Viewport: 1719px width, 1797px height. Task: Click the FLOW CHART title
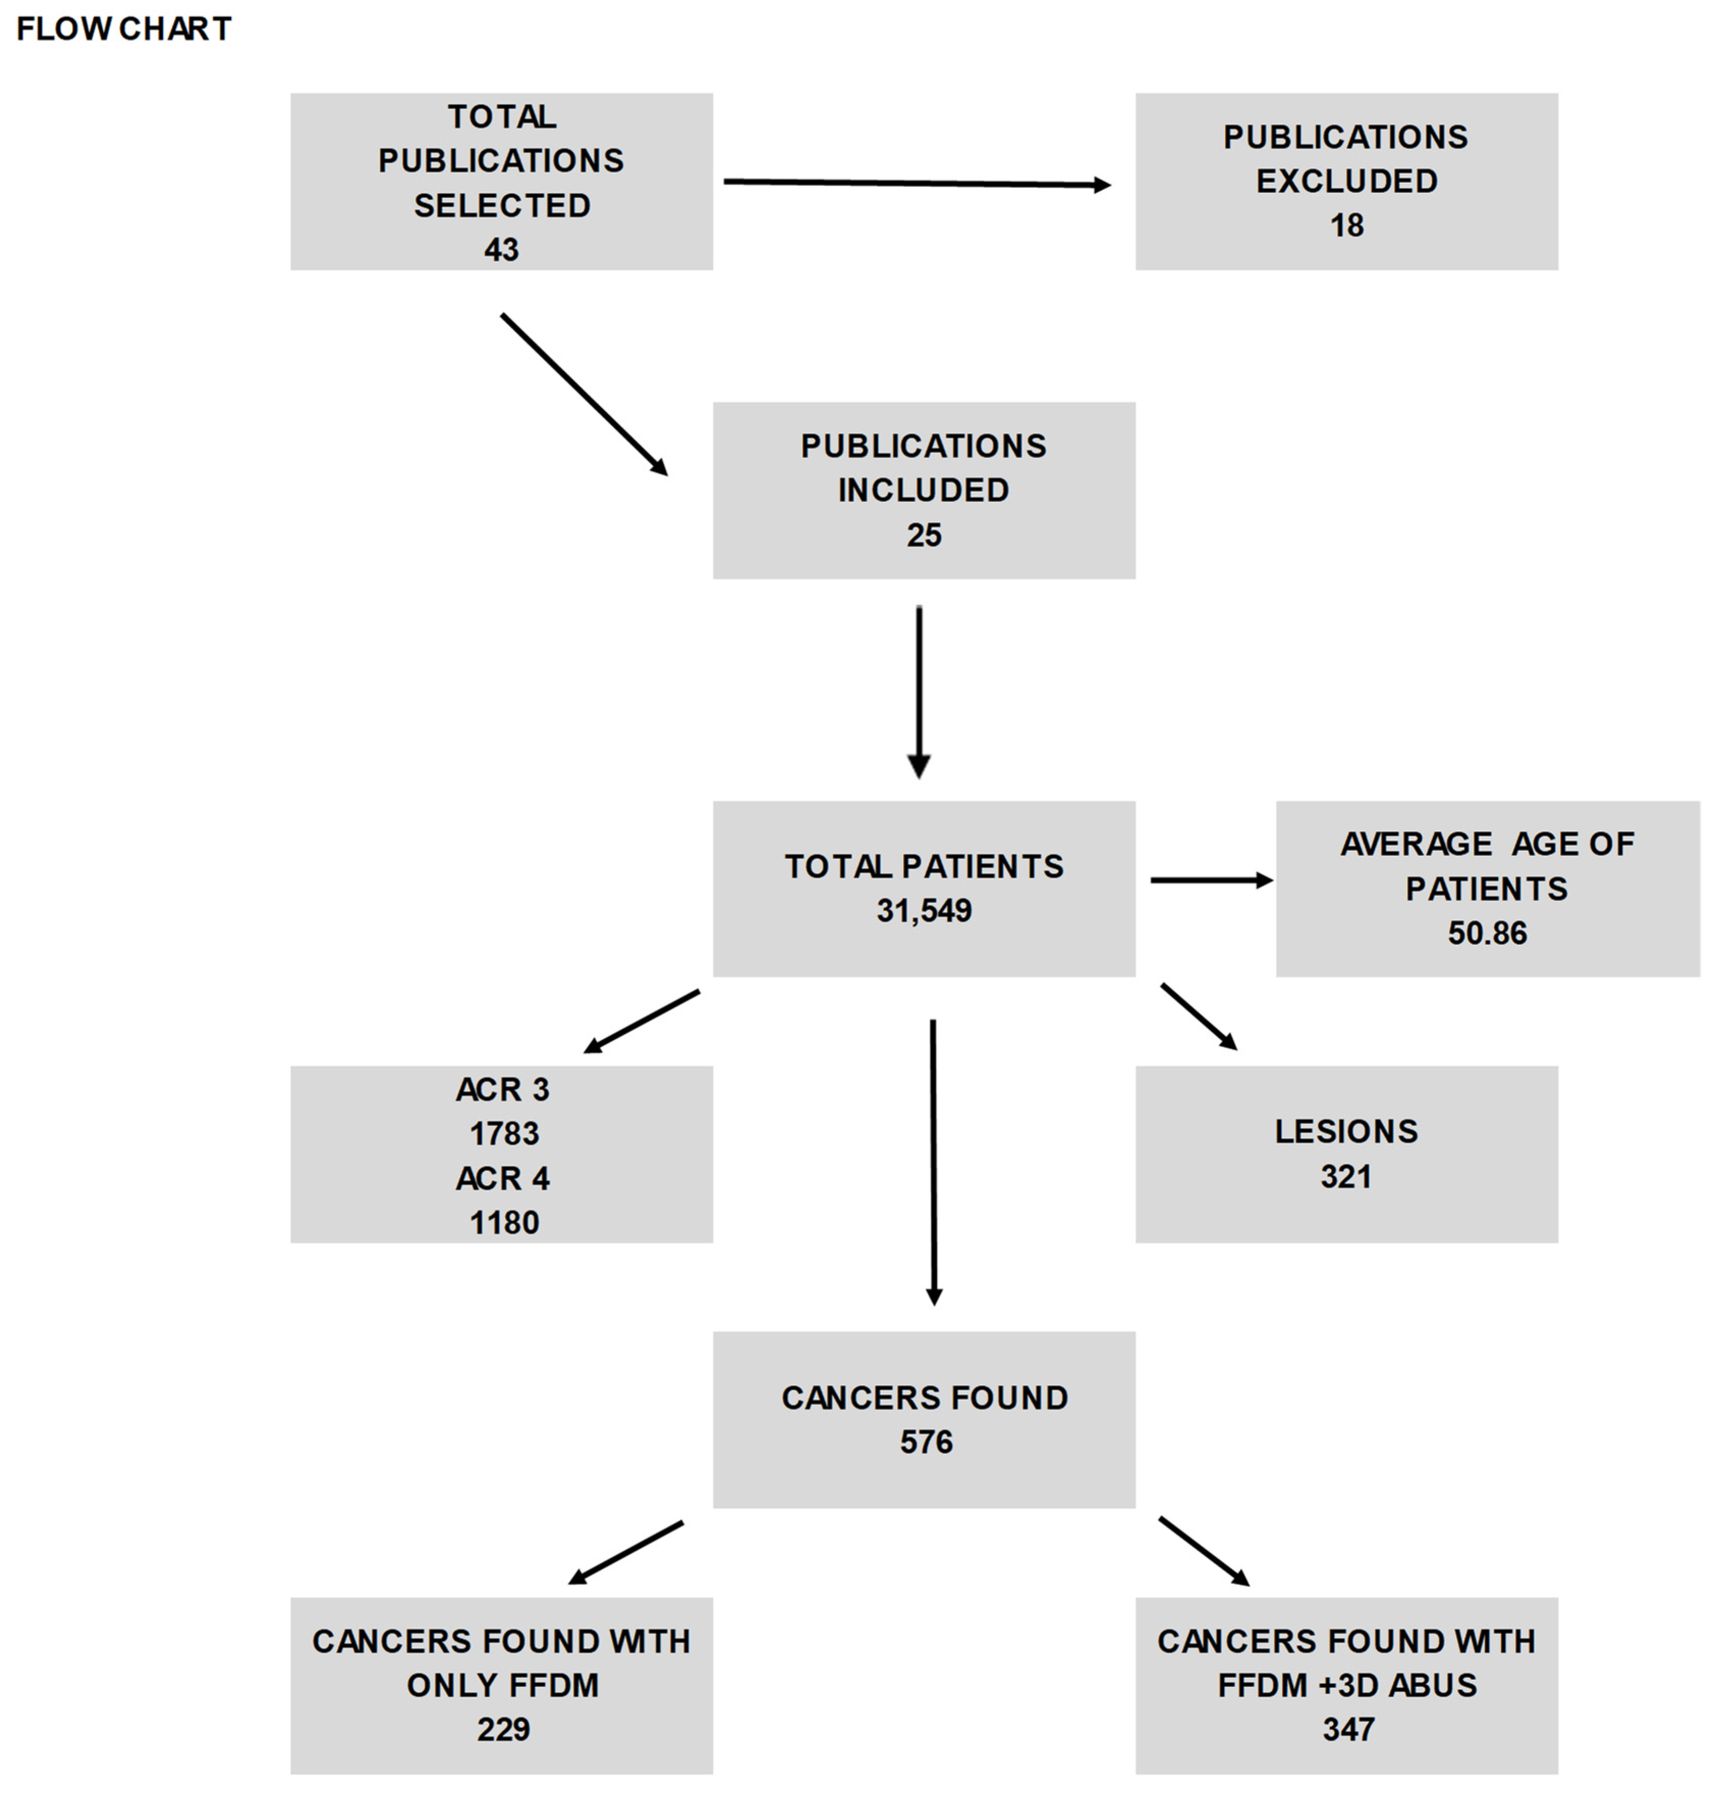tap(124, 30)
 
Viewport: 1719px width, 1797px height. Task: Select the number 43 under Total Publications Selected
tap(501, 249)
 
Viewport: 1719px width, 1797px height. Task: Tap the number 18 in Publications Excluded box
tap(1346, 226)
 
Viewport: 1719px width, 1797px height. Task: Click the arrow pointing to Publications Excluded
tap(916, 183)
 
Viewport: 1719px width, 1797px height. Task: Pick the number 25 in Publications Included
tap(924, 535)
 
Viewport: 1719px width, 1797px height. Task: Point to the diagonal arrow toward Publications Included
tap(584, 395)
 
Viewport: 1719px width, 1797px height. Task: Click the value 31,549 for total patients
tap(924, 910)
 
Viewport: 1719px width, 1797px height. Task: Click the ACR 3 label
tap(502, 1089)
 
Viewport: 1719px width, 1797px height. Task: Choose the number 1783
tap(504, 1134)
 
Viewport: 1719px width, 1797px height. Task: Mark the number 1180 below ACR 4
tap(504, 1222)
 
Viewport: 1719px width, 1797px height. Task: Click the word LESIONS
tap(1346, 1132)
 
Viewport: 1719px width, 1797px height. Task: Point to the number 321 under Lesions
tap(1346, 1176)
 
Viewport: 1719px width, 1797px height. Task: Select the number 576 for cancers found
tap(925, 1442)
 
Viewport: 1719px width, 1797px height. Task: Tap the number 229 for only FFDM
tap(503, 1729)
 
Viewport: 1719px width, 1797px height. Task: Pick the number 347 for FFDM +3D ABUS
tap(1348, 1729)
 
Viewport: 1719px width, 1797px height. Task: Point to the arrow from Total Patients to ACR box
tap(641, 1021)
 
